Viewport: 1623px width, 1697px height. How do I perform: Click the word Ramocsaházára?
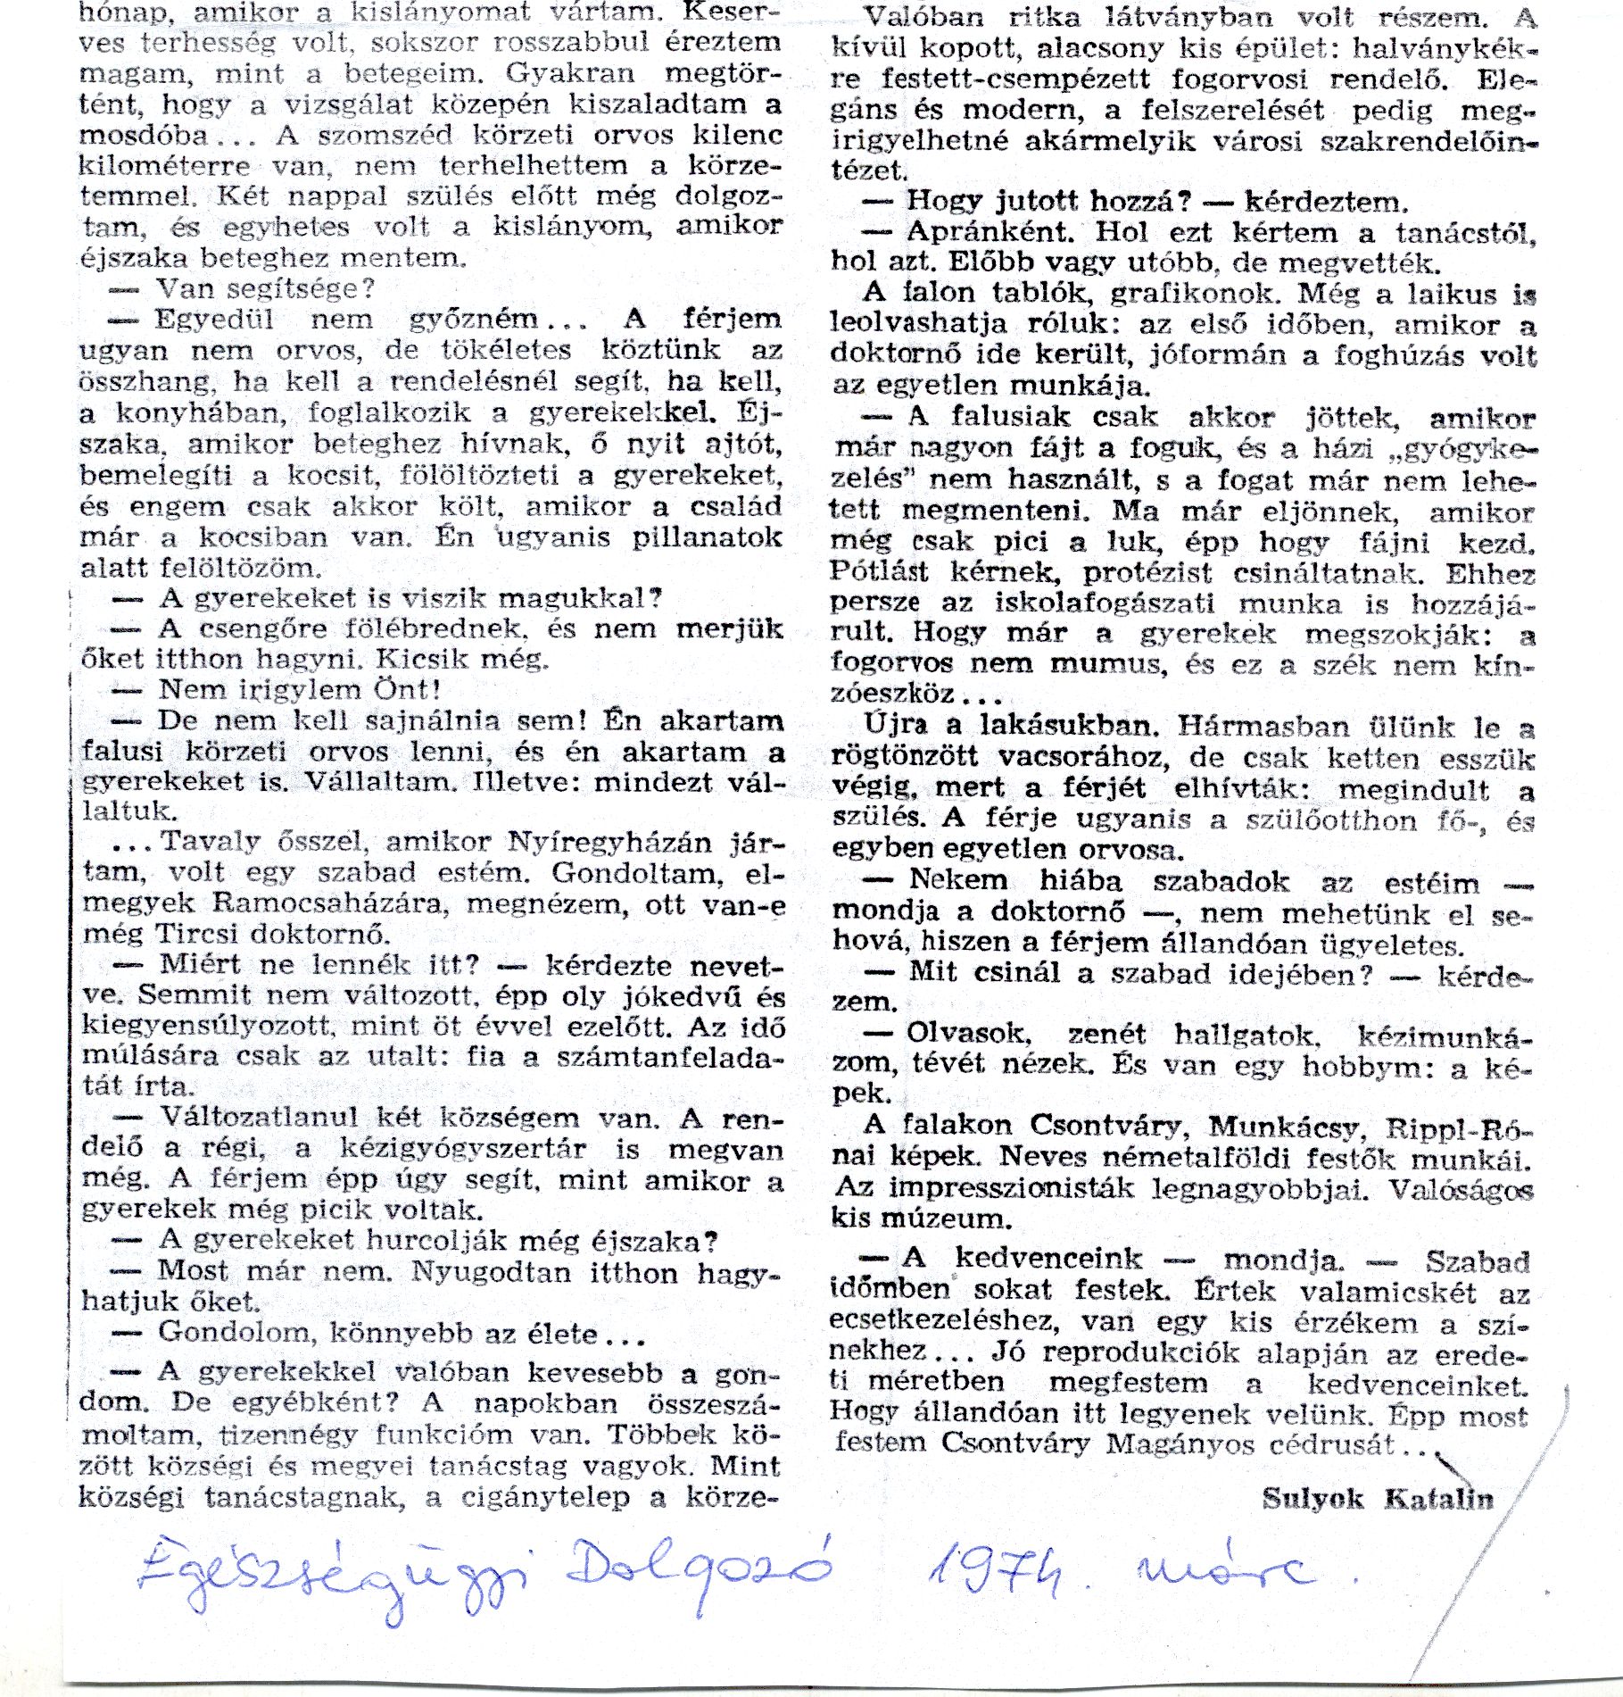pyautogui.click(x=327, y=903)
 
